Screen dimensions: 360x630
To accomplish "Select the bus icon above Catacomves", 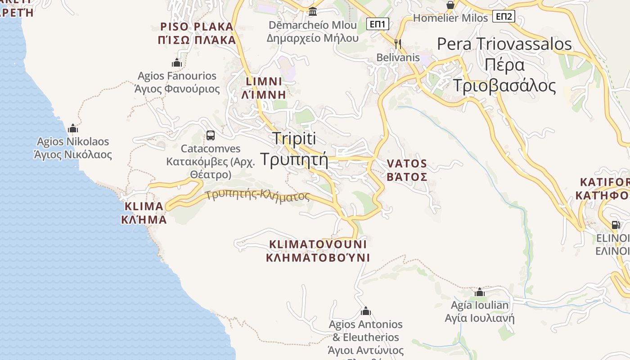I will (210, 135).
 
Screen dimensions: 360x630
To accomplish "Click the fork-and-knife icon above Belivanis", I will (397, 44).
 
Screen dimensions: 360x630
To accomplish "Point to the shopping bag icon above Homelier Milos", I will (450, 5).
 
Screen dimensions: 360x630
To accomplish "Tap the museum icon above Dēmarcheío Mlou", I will (313, 11).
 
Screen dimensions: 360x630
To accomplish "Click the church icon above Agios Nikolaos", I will (73, 128).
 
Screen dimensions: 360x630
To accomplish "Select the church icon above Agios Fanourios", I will (177, 63).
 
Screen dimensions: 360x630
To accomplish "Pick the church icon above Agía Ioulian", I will (480, 292).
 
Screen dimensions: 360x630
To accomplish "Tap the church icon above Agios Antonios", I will (365, 311).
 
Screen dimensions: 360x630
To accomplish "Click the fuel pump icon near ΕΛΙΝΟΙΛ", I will (615, 225).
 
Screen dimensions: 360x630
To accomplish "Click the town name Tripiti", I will (294, 138).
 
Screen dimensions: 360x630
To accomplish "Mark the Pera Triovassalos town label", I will (504, 44).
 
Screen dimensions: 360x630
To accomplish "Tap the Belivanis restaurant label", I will (398, 58).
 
